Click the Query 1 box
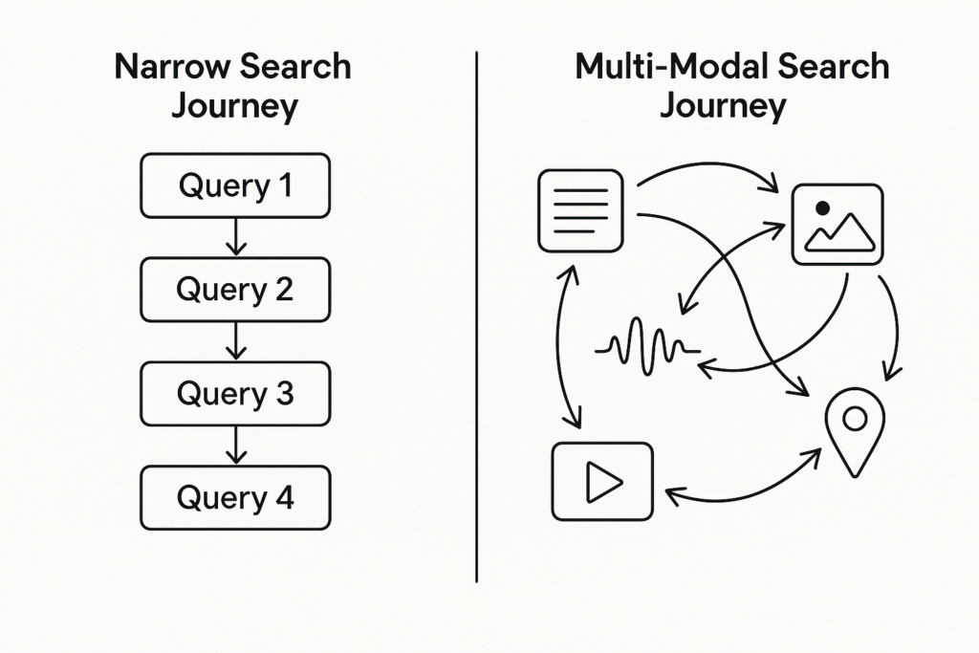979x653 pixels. tap(235, 185)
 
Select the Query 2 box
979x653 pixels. tap(235, 290)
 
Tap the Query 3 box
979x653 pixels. tap(235, 394)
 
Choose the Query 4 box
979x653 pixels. tap(235, 498)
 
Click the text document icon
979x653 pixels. tap(580, 210)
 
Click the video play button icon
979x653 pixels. tap(602, 483)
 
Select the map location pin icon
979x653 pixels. tap(854, 428)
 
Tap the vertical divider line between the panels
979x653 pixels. tap(476, 316)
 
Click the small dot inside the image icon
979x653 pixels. tap(819, 207)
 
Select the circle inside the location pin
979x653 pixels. tap(854, 417)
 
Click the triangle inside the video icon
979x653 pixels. tap(603, 483)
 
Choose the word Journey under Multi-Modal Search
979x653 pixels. tap(723, 105)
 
